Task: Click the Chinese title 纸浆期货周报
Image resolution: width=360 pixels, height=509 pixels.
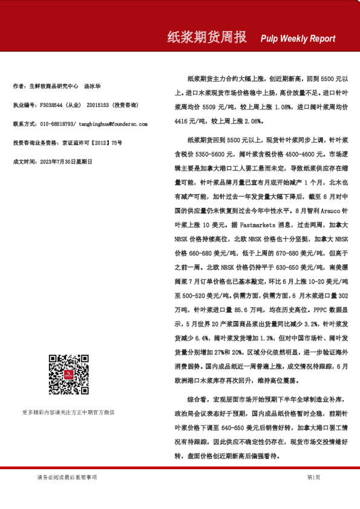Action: pos(206,37)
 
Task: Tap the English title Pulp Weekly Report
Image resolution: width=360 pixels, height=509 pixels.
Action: pos(298,39)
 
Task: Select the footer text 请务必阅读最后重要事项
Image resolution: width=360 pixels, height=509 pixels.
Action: pos(67,478)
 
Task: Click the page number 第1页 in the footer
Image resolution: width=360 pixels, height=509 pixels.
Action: pos(313,478)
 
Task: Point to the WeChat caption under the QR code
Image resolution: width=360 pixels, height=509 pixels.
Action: pos(68,412)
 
